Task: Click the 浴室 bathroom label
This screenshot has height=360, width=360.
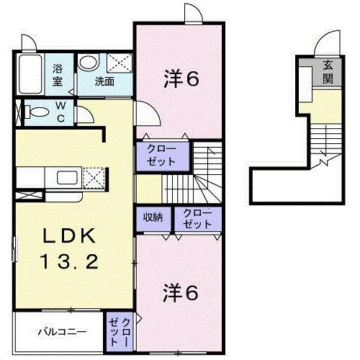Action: tap(58, 75)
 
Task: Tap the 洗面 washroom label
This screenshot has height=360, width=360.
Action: tap(104, 81)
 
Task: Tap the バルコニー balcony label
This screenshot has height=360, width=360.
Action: tap(63, 333)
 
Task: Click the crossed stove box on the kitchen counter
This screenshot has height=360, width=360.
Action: tap(95, 176)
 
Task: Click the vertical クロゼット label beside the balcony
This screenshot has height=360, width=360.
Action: tap(120, 332)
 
